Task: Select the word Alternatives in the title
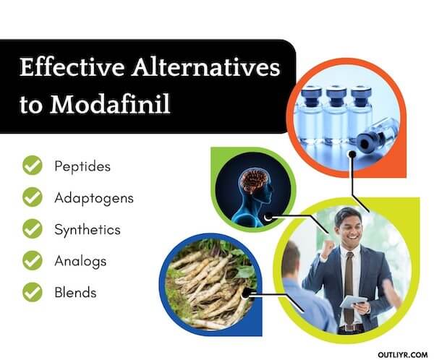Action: click(x=203, y=69)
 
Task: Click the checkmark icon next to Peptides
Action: click(x=32, y=166)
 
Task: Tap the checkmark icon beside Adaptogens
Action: click(x=32, y=197)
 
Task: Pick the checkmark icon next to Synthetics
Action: click(x=32, y=229)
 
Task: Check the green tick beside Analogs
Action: click(x=32, y=261)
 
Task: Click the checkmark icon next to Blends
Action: click(x=32, y=293)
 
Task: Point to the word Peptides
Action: click(x=82, y=166)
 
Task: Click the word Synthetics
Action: click(x=88, y=229)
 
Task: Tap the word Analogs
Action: click(x=80, y=261)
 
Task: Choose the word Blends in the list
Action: click(x=75, y=293)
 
